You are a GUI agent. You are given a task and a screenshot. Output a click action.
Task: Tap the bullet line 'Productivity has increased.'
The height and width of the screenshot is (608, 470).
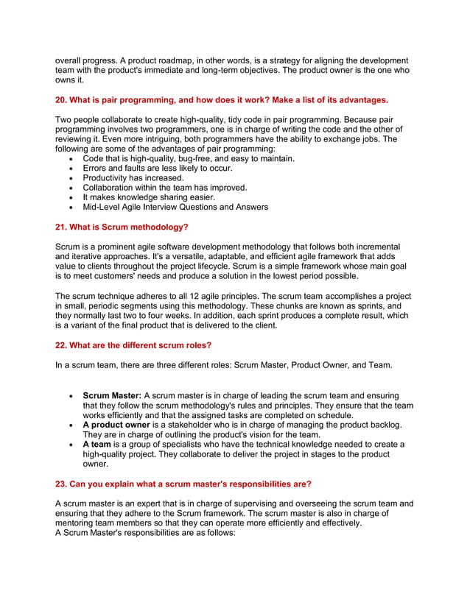click(x=133, y=177)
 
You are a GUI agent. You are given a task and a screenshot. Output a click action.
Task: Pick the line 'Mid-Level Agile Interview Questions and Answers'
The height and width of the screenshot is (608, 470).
click(x=175, y=207)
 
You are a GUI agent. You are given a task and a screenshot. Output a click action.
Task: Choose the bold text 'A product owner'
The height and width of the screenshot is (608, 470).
click(x=116, y=425)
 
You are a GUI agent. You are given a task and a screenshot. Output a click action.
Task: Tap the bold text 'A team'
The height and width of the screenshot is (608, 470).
click(x=97, y=445)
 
